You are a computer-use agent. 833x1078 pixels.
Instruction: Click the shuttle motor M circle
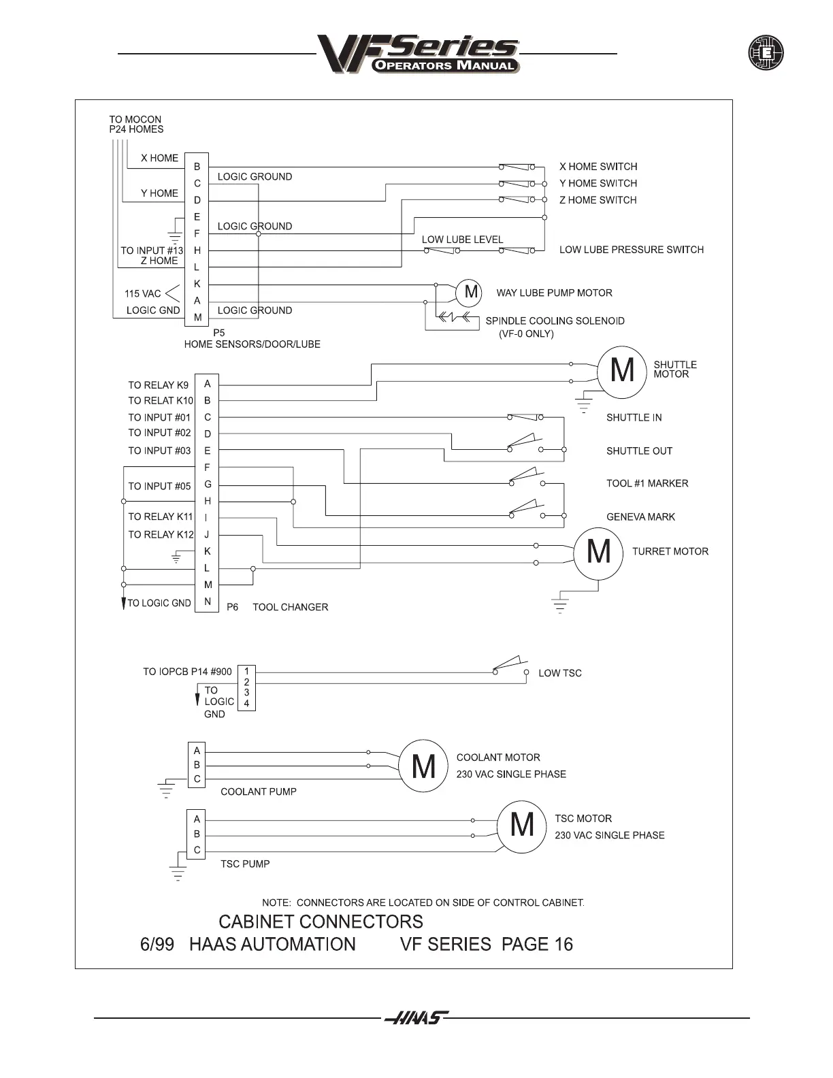(622, 371)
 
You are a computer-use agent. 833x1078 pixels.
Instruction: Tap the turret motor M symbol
(598, 552)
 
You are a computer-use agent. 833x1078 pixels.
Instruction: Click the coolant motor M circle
(423, 766)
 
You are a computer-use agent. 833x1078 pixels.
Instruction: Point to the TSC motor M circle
(522, 826)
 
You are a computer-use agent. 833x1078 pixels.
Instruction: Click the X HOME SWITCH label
(598, 167)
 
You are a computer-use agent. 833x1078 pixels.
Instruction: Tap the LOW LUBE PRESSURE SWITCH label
(631, 250)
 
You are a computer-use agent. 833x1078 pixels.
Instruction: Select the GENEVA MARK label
(640, 517)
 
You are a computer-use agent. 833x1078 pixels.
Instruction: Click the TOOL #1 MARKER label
(647, 484)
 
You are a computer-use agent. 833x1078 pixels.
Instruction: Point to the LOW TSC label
(559, 673)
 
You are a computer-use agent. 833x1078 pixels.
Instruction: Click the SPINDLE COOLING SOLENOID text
(555, 321)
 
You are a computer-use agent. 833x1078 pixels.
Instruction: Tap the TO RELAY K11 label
(161, 517)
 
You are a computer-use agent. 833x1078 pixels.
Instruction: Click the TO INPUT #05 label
(159, 487)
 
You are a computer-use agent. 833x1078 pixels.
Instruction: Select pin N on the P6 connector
(208, 602)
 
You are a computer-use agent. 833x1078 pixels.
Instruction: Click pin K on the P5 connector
(197, 284)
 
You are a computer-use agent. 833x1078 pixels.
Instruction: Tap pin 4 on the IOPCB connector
(246, 704)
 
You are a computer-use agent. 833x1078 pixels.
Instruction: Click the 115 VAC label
(143, 294)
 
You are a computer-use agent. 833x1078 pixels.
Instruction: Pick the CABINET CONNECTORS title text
(321, 922)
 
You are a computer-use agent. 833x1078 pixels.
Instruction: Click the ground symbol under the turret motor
(559, 605)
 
